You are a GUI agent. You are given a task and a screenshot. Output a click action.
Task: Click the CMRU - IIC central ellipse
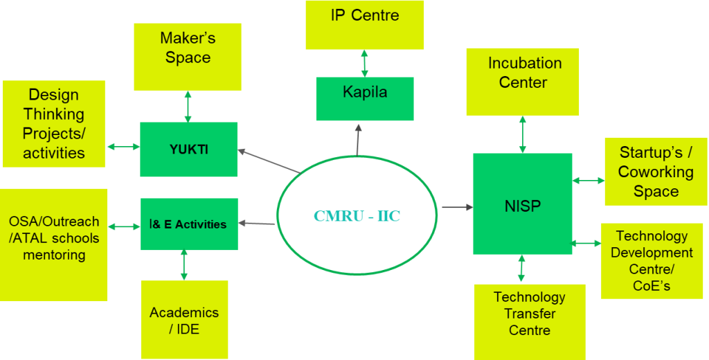(x=357, y=215)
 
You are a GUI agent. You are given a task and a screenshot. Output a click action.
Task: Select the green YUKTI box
(x=188, y=150)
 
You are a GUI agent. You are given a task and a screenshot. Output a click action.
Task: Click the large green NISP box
(x=522, y=204)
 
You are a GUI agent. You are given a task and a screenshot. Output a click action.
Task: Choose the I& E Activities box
(x=189, y=224)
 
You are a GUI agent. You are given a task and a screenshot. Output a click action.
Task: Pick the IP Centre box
(x=364, y=24)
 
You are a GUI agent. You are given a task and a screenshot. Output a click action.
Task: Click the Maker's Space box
(x=187, y=56)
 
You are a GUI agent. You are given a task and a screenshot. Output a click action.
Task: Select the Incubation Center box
(x=522, y=81)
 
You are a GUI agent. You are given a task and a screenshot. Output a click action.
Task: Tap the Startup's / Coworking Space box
(x=656, y=172)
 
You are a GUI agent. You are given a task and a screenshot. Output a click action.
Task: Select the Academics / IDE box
(x=183, y=319)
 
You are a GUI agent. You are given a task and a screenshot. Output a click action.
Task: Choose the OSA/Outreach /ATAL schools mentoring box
(x=53, y=244)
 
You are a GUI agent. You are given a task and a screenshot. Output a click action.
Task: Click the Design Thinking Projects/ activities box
(x=53, y=124)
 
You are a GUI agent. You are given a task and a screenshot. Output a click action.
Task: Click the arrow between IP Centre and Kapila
(x=364, y=63)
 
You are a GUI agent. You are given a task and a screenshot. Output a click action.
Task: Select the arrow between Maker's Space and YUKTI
(x=187, y=106)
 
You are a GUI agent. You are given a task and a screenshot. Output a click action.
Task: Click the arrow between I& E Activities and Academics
(x=183, y=265)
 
